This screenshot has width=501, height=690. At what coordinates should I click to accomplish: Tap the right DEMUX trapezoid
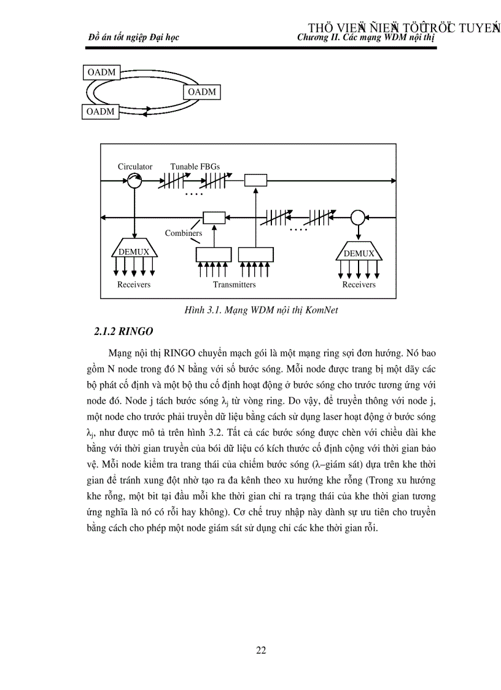click(x=359, y=253)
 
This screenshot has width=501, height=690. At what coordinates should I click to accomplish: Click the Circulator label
click(x=135, y=167)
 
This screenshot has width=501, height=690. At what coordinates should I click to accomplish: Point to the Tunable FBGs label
click(x=195, y=167)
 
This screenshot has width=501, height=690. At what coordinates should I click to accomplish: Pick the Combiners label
click(x=183, y=233)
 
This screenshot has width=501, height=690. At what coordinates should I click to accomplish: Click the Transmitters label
click(x=234, y=284)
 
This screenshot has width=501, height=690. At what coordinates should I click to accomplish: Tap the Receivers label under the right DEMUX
click(x=359, y=284)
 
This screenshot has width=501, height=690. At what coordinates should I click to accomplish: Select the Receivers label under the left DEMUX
click(x=134, y=284)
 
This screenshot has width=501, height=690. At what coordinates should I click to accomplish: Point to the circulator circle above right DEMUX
click(x=358, y=217)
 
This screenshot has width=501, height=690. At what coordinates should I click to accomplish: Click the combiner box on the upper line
click(x=255, y=180)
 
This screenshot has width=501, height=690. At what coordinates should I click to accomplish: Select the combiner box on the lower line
click(x=214, y=218)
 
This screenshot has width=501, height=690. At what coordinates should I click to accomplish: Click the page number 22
click(x=261, y=651)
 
